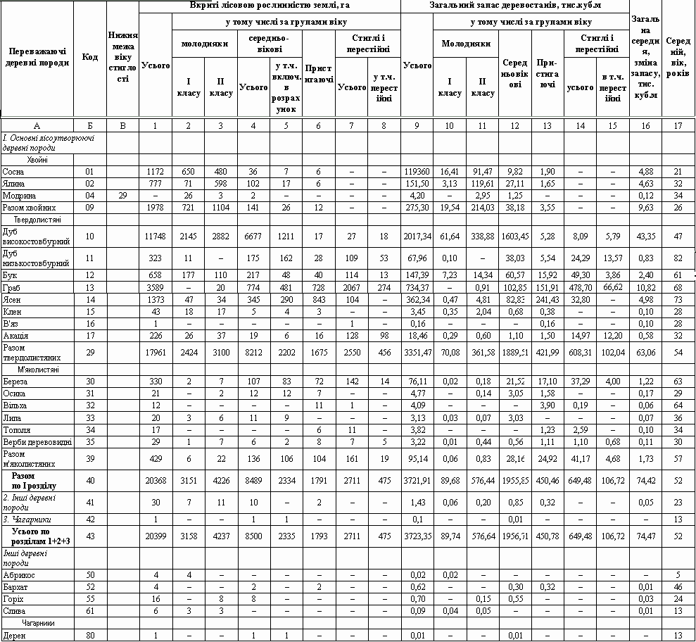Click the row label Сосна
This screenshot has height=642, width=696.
pyautogui.click(x=12, y=171)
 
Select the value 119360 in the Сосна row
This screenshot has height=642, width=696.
pyautogui.click(x=417, y=171)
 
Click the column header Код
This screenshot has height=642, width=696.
pyautogui.click(x=90, y=57)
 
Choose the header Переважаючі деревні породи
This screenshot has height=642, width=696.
pyautogui.click(x=37, y=57)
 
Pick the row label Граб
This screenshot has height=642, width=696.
pyautogui.click(x=11, y=289)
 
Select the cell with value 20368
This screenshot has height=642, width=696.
pyautogui.click(x=156, y=481)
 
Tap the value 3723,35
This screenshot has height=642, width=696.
pyautogui.click(x=417, y=534)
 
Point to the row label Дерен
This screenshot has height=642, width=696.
pyautogui.click(x=13, y=636)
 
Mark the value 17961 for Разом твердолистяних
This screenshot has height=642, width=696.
pyautogui.click(x=156, y=352)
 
